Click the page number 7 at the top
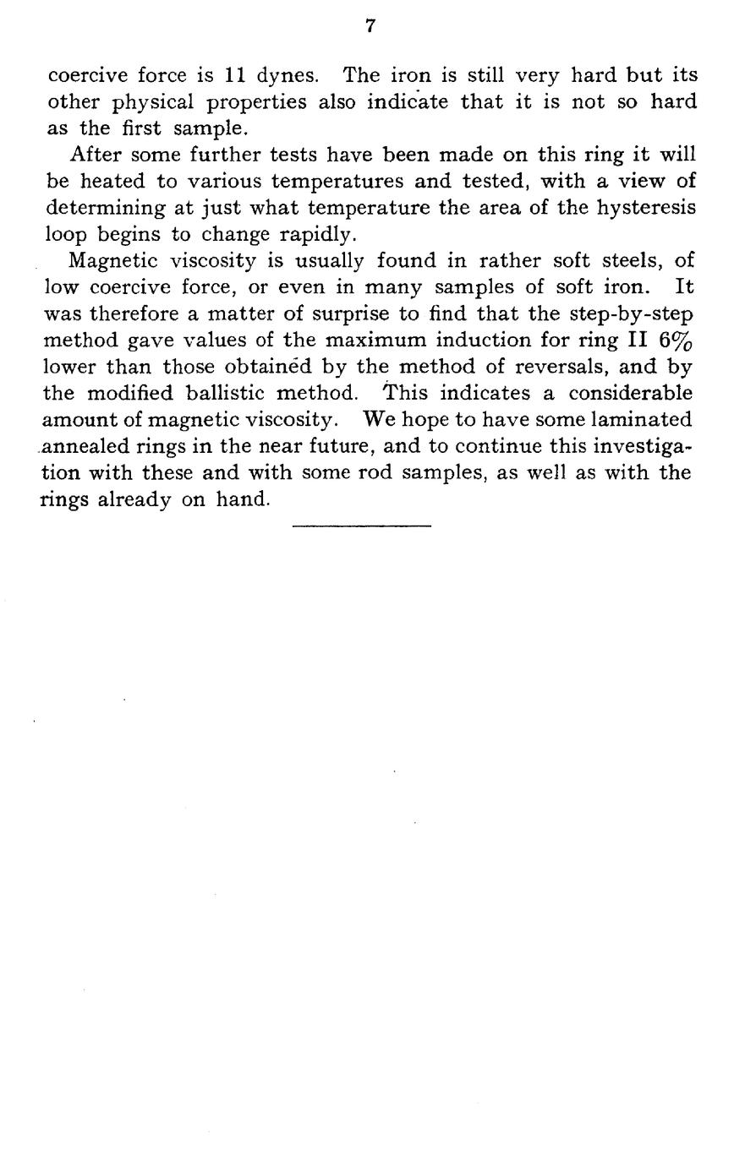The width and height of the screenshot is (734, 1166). [370, 26]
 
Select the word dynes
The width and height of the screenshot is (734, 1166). [288, 75]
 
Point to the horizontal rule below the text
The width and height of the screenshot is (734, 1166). [362, 526]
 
